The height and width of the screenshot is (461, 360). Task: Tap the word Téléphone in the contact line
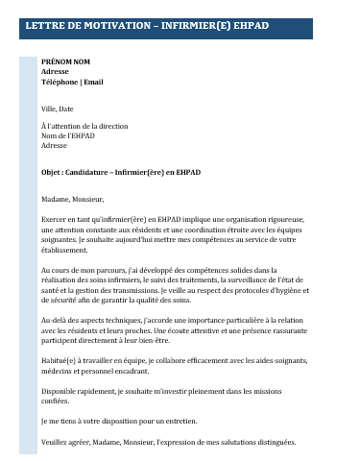[x=60, y=82]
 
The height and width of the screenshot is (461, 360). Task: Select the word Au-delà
[x=55, y=319]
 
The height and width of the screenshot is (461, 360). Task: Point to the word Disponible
[x=61, y=392]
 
